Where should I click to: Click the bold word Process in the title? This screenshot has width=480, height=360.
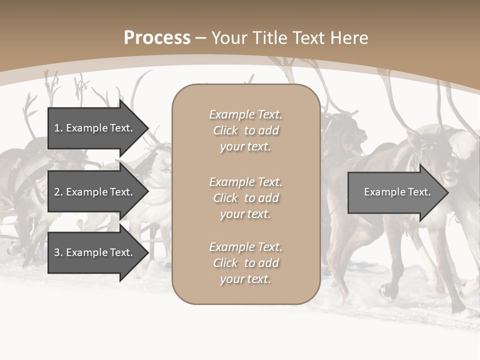tap(157, 38)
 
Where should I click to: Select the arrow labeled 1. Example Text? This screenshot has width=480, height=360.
tap(95, 128)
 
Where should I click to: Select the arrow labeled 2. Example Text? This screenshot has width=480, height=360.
tap(95, 192)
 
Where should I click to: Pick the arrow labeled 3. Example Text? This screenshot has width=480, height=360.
tap(95, 252)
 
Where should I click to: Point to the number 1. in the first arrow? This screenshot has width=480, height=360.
tap(58, 128)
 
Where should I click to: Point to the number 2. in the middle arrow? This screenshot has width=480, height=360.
tap(58, 192)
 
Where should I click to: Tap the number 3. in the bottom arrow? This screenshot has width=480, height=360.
tap(58, 252)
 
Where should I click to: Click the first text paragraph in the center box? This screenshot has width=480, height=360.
tap(245, 130)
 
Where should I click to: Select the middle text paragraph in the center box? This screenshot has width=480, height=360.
tap(245, 198)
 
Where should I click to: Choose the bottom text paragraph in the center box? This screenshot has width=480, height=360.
tap(245, 263)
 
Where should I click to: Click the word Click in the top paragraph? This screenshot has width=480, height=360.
tap(225, 130)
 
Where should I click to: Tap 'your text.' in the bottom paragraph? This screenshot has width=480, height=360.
tap(245, 279)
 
